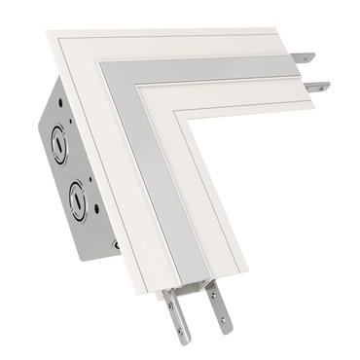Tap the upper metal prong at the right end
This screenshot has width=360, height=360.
306,57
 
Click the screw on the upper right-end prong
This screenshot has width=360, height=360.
309,57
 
